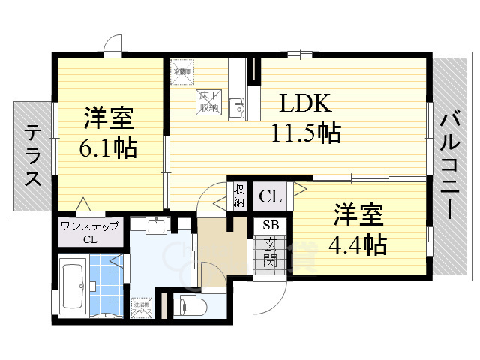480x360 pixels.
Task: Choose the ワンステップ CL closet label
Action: [89, 232]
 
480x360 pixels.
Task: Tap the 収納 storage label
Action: [238, 195]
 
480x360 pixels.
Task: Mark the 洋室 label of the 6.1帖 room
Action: [108, 118]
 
